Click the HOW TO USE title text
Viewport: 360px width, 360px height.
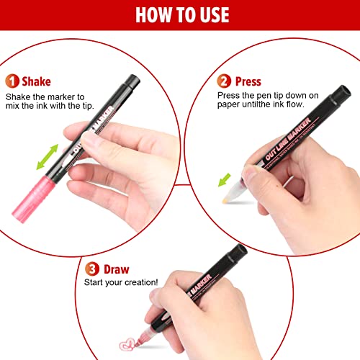[x=180, y=16]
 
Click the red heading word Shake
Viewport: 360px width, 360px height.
[x=37, y=81]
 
